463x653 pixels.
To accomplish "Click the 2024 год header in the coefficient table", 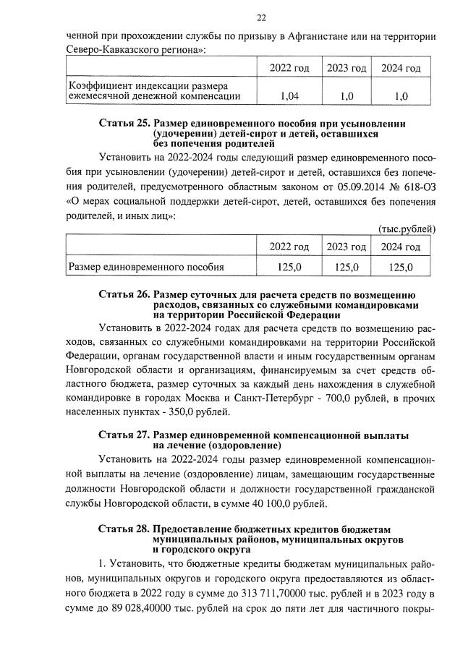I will [401, 68].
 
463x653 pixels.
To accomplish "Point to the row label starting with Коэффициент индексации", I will [153, 89].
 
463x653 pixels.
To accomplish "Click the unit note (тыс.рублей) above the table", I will [407, 229].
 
